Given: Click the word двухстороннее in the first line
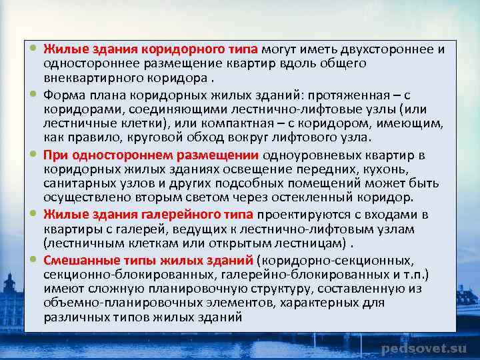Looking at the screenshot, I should pyautogui.click(x=379, y=49).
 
